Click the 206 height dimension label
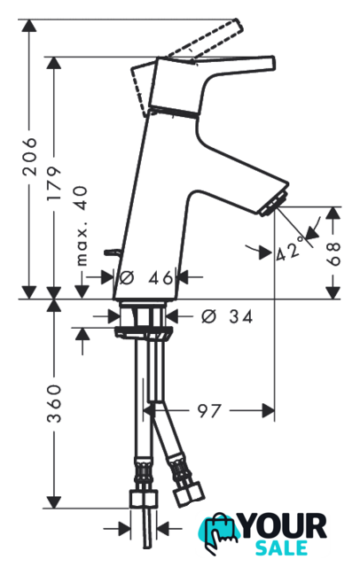[x=29, y=156]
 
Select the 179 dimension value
[x=54, y=183]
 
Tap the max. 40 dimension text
[x=82, y=226]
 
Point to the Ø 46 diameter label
[x=146, y=277]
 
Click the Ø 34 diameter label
[x=227, y=317]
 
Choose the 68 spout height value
[x=333, y=253]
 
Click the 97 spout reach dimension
[x=208, y=411]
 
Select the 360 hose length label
[x=54, y=404]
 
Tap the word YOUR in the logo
[x=283, y=526]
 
